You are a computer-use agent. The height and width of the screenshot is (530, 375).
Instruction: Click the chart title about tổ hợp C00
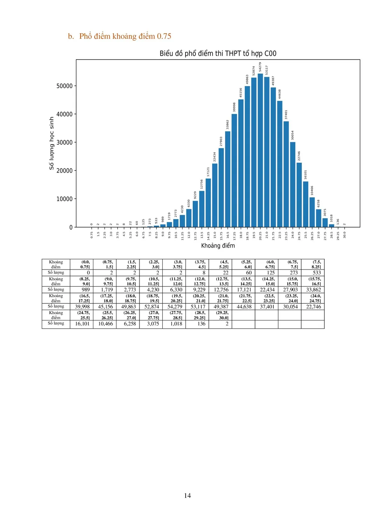[x=218, y=54]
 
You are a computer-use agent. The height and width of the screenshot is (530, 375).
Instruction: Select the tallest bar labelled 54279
[x=260, y=150]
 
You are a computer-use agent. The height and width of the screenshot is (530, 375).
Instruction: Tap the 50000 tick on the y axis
[x=64, y=86]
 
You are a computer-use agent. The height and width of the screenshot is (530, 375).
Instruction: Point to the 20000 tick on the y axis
[x=64, y=171]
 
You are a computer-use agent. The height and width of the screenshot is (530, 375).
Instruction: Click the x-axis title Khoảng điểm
[x=218, y=246]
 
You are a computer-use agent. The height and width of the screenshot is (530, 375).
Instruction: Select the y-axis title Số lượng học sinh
[x=52, y=143]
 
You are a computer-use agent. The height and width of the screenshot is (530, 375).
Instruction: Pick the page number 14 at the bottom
[x=187, y=496]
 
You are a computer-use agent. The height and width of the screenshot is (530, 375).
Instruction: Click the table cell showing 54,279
[x=175, y=307]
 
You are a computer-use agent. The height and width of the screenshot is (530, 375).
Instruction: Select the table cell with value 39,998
[x=82, y=307]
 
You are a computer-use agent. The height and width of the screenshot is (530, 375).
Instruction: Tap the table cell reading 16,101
[x=82, y=323]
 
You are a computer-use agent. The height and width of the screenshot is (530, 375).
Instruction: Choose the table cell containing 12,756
[x=221, y=290]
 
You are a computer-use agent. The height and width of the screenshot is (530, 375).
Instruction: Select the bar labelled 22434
[x=215, y=195]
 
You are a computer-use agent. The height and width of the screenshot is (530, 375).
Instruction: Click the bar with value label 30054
[x=293, y=184]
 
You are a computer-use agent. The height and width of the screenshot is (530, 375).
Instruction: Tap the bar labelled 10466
[x=312, y=212]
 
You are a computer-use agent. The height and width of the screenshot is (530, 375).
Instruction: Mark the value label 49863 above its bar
[x=247, y=79]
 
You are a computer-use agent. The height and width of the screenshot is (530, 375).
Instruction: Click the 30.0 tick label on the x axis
[x=345, y=235]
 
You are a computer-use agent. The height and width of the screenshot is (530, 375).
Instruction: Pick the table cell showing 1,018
[x=176, y=323]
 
